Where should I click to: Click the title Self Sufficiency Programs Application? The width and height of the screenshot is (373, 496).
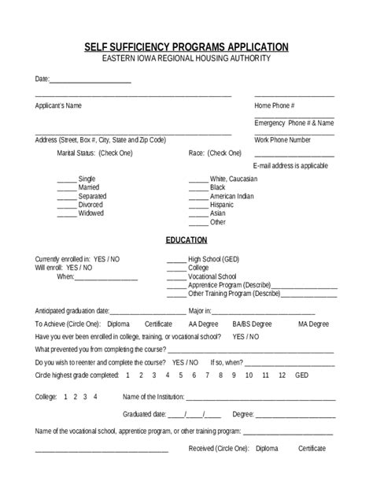tap(186, 47)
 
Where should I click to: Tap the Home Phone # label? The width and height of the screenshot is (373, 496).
tap(275, 105)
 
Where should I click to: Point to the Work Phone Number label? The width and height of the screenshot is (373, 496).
tap(283, 140)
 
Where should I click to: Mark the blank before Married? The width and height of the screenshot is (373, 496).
tap(66, 188)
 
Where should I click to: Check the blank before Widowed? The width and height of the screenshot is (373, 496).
tap(66, 213)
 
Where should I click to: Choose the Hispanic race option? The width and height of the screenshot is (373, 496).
tap(223, 205)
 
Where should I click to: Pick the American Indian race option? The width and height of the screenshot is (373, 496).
tap(231, 196)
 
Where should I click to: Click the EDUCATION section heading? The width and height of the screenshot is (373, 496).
tap(186, 240)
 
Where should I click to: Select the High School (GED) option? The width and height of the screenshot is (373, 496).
tap(213, 259)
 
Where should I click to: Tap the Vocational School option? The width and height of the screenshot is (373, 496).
tap(212, 276)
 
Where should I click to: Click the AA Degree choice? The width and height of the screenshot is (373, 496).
tap(203, 324)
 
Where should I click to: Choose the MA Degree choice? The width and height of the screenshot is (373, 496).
tap(313, 324)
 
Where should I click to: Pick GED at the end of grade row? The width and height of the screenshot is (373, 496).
tap(301, 375)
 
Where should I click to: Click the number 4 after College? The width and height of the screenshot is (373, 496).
tap(95, 397)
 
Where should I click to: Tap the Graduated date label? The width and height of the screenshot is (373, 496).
tap(144, 414)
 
